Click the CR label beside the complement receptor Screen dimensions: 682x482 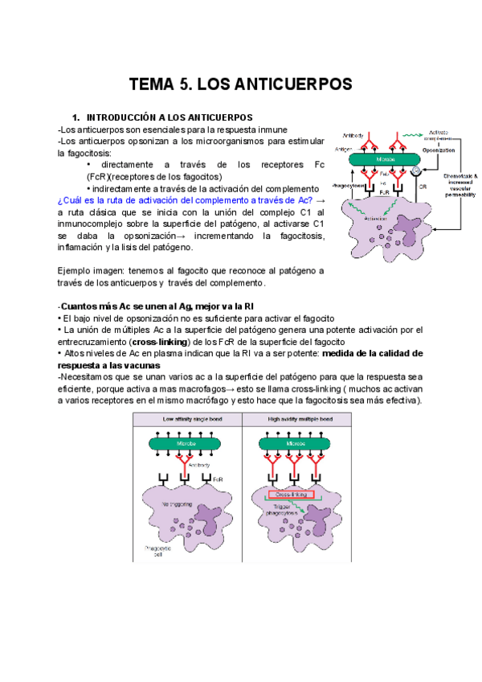423,186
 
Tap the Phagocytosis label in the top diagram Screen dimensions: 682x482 352,184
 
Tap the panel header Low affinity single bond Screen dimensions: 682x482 191,418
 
